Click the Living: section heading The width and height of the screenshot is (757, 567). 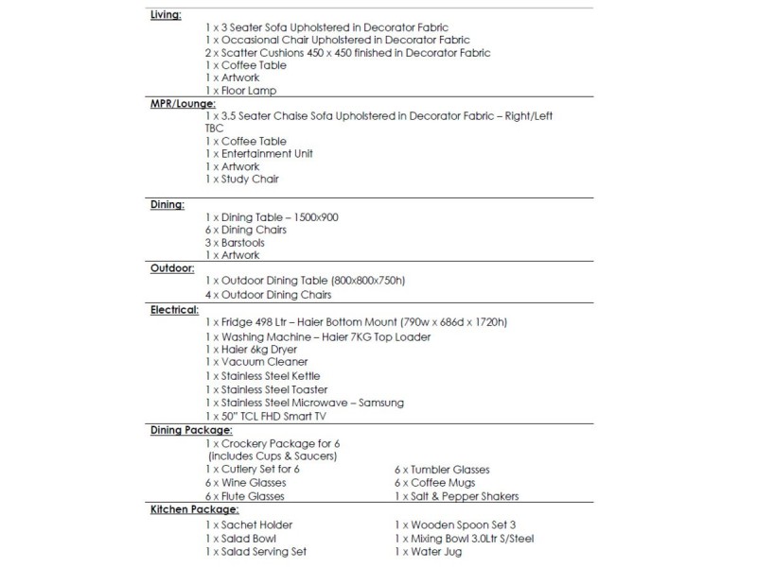[x=167, y=16]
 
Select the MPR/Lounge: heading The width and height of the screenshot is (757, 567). [x=184, y=104]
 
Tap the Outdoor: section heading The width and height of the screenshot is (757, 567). [x=171, y=268]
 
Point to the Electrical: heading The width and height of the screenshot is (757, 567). [x=174, y=309]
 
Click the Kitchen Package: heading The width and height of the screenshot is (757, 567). [x=193, y=509]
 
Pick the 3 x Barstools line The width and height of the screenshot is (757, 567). [x=234, y=242]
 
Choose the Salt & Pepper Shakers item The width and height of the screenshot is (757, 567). [x=456, y=496]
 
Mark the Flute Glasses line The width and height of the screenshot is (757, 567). [x=244, y=496]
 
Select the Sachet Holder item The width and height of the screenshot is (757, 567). [x=249, y=524]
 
